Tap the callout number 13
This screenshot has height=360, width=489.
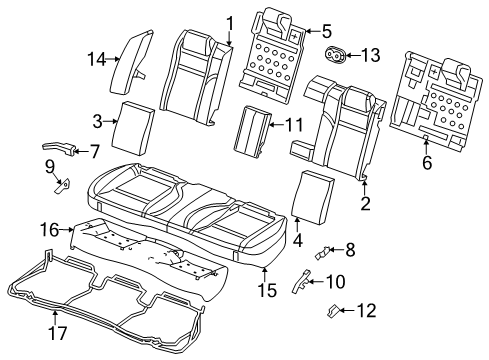click(371, 54)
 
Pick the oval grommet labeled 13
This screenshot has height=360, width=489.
click(337, 54)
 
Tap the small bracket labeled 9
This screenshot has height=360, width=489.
click(61, 184)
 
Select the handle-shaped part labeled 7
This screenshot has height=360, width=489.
click(58, 149)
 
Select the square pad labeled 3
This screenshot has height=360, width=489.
click(130, 122)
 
